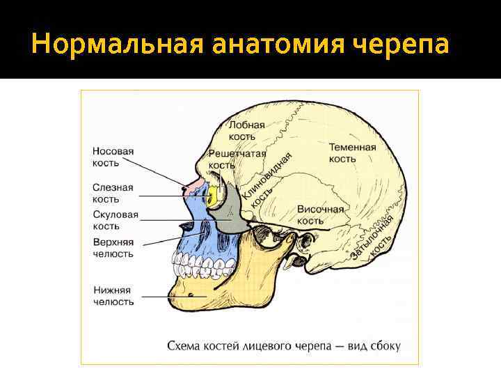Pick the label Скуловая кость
[x=116, y=221]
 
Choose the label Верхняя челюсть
[x=113, y=248]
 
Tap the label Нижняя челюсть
[x=113, y=296]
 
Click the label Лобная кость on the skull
[x=247, y=131]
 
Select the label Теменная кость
[x=352, y=153]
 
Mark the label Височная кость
[x=320, y=215]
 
